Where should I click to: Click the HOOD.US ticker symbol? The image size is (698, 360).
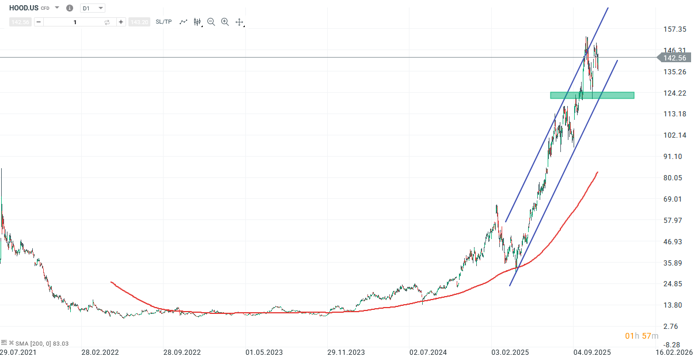point(24,8)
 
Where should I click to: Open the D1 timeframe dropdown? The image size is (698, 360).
point(93,8)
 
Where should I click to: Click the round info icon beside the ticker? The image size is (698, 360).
point(70,8)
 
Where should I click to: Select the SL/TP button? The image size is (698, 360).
point(164,22)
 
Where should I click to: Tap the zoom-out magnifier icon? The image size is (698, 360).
point(211,22)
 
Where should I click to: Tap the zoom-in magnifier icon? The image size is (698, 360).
point(225,22)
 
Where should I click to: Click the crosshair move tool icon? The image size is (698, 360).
point(240,22)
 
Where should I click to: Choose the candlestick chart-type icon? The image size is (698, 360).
point(197,22)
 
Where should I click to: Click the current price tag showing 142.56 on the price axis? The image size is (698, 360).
point(674,58)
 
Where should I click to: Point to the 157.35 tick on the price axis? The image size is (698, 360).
point(674,29)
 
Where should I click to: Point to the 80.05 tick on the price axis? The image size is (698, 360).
point(673,178)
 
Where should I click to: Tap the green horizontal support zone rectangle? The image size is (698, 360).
point(592,95)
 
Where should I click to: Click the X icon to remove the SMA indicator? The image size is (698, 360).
point(11,343)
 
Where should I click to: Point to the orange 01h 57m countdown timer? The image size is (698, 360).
point(642,336)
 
